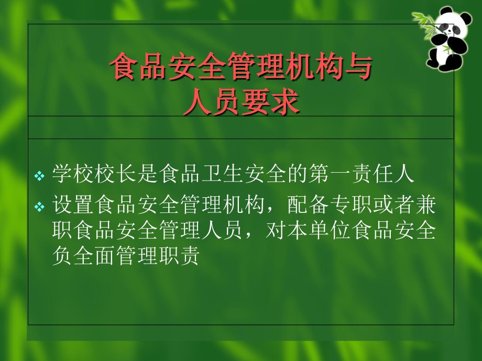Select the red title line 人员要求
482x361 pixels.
242,101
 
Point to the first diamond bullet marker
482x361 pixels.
40,176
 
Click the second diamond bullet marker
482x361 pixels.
40,207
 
